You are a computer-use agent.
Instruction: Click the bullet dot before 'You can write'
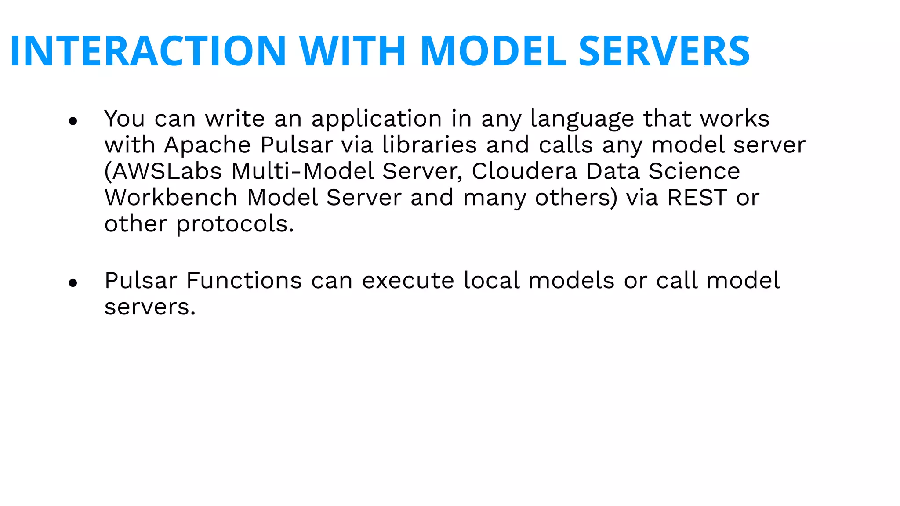(73, 121)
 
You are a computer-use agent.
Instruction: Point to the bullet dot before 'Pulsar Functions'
(73, 283)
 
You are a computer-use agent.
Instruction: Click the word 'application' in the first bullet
(377, 119)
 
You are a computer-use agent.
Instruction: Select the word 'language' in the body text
(582, 119)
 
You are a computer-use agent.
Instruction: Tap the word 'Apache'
(207, 145)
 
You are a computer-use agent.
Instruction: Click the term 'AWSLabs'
(167, 171)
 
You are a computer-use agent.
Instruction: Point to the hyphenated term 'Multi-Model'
(303, 171)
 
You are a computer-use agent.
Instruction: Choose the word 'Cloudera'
(524, 171)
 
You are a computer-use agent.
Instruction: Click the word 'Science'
(694, 171)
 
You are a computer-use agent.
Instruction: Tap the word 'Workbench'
(171, 198)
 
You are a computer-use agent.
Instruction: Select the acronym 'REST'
(697, 198)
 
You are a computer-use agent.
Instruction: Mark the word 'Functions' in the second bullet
(244, 281)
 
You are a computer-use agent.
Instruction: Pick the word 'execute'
(408, 281)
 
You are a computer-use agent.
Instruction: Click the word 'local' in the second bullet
(491, 281)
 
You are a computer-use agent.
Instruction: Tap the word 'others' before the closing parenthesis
(573, 198)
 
